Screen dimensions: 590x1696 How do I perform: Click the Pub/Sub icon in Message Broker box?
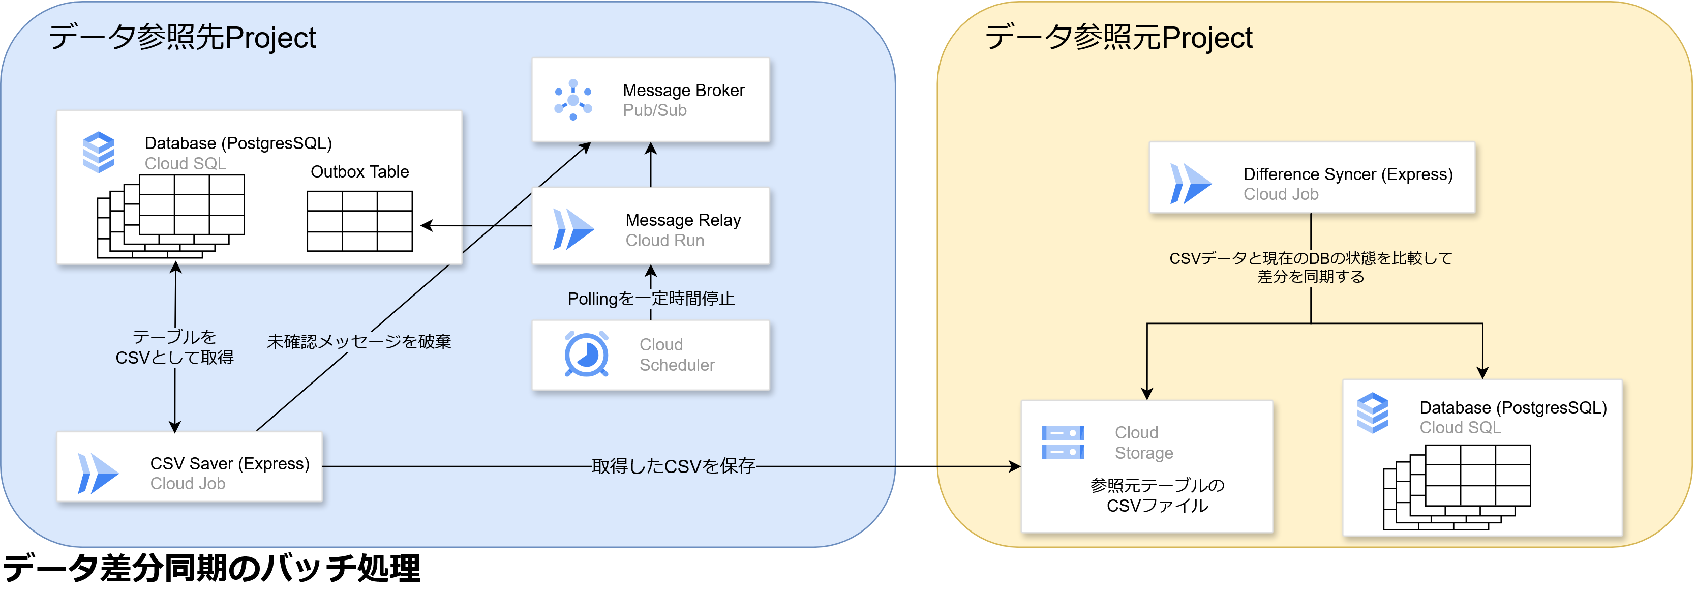tap(573, 100)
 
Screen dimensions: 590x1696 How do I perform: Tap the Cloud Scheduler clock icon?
tap(586, 355)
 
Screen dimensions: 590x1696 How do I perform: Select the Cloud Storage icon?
tap(1063, 442)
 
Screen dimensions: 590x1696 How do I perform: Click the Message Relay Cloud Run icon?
tap(573, 229)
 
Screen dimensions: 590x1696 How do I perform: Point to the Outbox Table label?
tap(359, 172)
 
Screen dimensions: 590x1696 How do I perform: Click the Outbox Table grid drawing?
tap(359, 221)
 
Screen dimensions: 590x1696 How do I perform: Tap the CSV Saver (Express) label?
tap(229, 463)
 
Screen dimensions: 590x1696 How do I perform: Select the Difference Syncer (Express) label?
tap(1347, 174)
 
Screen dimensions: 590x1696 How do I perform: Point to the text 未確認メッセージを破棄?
tap(359, 342)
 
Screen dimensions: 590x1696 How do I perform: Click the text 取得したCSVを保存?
tap(673, 466)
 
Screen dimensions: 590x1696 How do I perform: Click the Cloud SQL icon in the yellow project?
tap(1372, 413)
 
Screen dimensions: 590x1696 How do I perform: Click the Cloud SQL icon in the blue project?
tap(99, 152)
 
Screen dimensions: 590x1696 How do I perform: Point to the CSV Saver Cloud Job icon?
tap(98, 474)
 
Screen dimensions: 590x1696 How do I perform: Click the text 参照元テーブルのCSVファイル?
tap(1157, 495)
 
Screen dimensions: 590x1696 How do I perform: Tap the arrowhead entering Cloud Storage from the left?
tap(1015, 467)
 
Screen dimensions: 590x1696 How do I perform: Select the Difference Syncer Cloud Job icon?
tap(1190, 184)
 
